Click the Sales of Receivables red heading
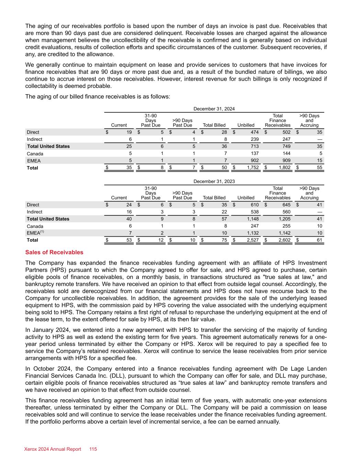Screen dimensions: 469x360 pos(54,252)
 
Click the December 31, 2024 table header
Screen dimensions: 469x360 pos(214,109)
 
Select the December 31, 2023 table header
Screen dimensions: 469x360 pos(214,181)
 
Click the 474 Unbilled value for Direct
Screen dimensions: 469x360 pos(254,132)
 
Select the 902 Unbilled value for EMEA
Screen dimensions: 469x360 pos(254,161)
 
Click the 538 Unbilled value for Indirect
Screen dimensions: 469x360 pos(254,212)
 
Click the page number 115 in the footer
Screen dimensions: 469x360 pos(93,449)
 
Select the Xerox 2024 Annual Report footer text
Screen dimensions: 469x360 pos(53,449)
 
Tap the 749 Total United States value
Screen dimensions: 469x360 pos(286,146)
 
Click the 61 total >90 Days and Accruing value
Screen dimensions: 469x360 pos(319,240)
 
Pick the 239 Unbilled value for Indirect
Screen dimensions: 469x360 pos(254,139)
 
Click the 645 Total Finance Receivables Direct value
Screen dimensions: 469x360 pos(286,205)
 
